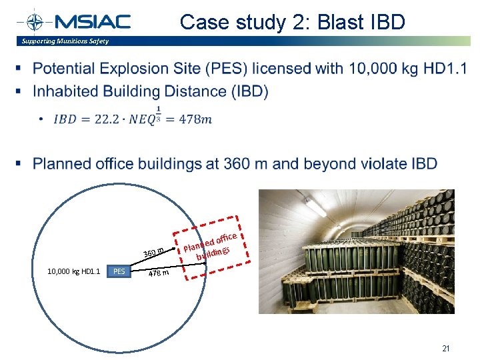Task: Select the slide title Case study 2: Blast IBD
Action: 292,23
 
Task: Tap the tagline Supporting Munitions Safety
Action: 65,41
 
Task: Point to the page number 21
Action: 446,348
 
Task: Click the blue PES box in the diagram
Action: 119,271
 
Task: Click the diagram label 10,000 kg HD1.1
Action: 73,271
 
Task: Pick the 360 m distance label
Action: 153,251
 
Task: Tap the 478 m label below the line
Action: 158,272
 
